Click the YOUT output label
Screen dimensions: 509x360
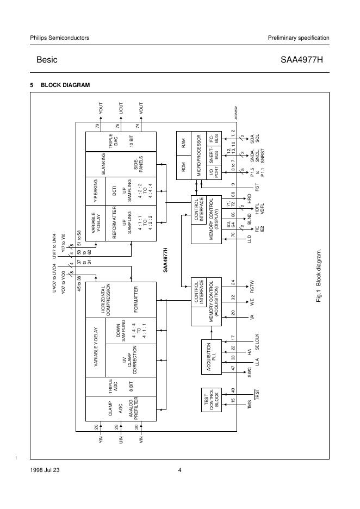101,107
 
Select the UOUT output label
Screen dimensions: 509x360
121,107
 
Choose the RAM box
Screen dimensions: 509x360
183,143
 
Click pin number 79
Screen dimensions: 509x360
97,126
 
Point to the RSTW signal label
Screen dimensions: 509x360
251,285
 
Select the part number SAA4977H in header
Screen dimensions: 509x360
305,60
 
